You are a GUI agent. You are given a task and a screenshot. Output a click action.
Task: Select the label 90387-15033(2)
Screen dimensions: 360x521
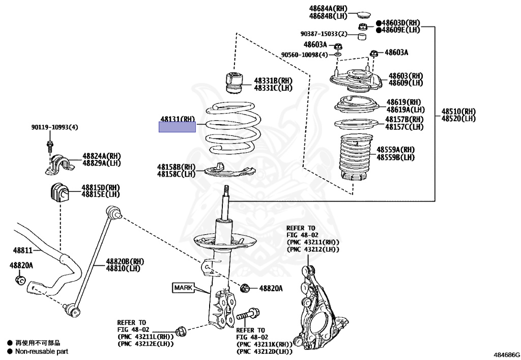324,34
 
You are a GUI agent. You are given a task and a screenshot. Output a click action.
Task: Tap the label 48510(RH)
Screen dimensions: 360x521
458,111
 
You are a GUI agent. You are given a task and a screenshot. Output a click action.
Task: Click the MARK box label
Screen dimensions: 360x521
184,288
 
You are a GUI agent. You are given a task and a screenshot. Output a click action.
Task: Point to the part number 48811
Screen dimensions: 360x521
22,251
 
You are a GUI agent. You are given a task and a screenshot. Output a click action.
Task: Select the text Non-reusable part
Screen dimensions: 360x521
41,351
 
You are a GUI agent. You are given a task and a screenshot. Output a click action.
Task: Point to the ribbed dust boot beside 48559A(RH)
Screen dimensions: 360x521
354,158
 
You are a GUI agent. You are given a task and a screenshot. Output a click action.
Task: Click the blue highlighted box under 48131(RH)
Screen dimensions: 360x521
177,126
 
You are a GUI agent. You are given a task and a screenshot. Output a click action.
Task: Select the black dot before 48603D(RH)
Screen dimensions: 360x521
379,23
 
